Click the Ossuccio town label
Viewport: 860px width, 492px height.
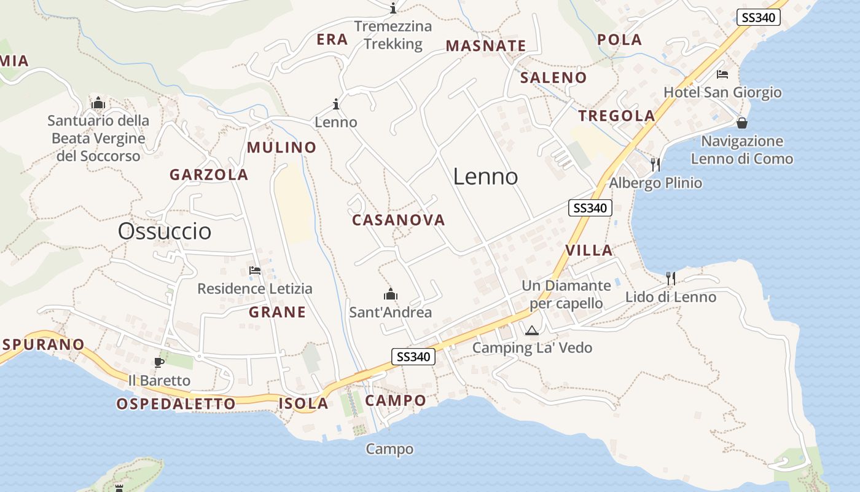click(165, 231)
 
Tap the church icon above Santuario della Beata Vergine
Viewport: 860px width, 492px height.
click(98, 103)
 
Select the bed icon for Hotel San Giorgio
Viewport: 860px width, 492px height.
click(722, 74)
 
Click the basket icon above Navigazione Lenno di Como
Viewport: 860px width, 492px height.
click(742, 123)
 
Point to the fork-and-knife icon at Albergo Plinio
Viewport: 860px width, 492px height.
click(655, 164)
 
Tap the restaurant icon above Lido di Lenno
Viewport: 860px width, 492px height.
click(671, 279)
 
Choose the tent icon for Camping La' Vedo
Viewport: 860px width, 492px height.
click(532, 331)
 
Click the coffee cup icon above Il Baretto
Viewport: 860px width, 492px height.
click(159, 362)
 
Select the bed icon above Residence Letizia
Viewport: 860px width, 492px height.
click(254, 270)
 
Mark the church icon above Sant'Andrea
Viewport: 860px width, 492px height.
click(390, 295)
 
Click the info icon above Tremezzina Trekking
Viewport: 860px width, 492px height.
click(393, 9)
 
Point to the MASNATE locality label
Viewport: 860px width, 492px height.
click(486, 46)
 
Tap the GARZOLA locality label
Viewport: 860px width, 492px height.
click(209, 175)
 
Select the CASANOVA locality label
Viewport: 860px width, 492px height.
click(399, 220)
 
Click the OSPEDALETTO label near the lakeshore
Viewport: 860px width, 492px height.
click(176, 404)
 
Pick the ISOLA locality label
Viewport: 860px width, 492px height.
click(303, 404)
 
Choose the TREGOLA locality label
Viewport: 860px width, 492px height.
click(617, 116)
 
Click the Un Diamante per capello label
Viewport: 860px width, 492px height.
click(566, 295)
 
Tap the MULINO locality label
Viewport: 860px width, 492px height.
click(281, 148)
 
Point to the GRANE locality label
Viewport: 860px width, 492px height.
click(277, 312)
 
